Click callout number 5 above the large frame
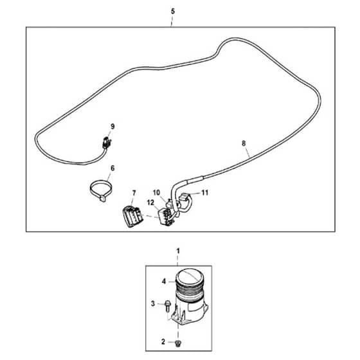[173, 12]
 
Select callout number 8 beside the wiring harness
[244, 143]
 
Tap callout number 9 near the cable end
[113, 127]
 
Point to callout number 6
[113, 168]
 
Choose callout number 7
[134, 194]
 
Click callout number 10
[156, 193]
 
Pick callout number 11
[205, 193]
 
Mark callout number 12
[150, 203]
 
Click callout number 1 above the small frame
[178, 251]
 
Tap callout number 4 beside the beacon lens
[164, 282]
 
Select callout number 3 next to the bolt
[153, 303]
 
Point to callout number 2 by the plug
[163, 342]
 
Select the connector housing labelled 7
[132, 216]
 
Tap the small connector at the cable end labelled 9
[106, 143]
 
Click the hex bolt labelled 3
[168, 307]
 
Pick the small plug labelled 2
[177, 343]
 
